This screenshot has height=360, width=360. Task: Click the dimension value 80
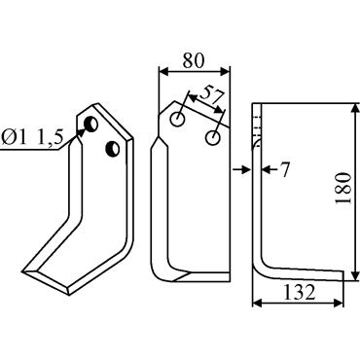tap(194, 60)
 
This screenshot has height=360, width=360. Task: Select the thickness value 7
tap(284, 170)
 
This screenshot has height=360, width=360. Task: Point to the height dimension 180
tap(343, 188)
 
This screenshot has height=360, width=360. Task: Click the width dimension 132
tap(300, 293)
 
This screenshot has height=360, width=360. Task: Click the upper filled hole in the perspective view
tap(90, 124)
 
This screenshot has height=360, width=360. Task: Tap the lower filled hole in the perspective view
tap(113, 150)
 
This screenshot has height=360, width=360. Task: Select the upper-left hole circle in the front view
tap(177, 120)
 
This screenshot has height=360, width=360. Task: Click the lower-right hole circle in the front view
tap(213, 137)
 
